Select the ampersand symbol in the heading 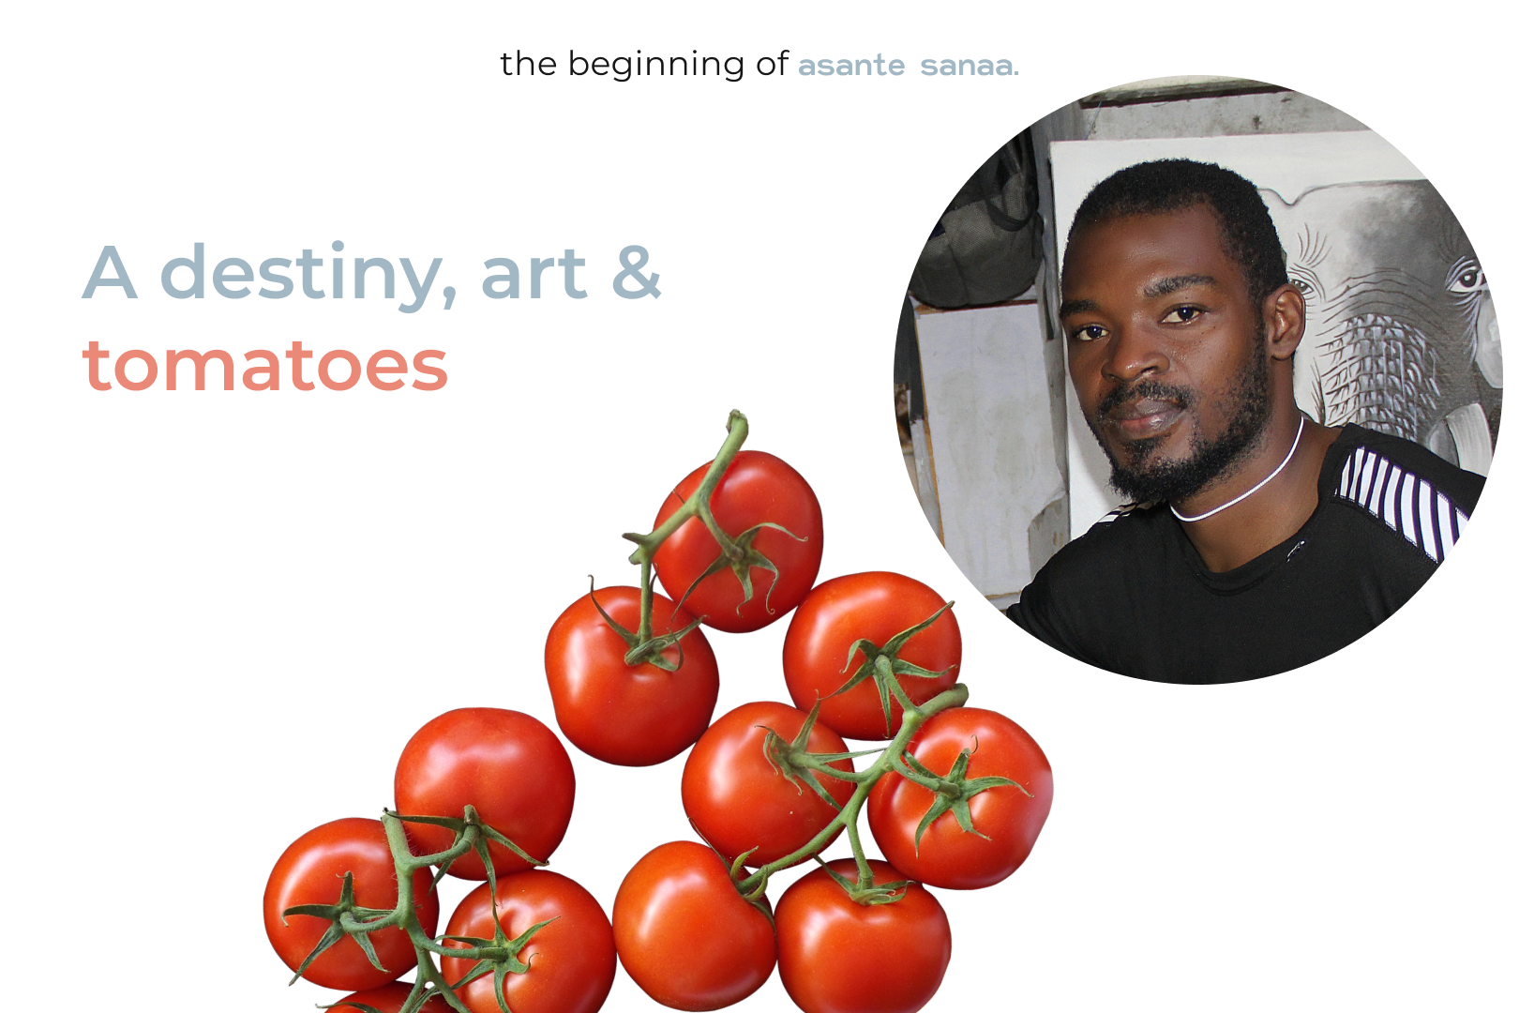(636, 272)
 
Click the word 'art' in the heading (534, 276)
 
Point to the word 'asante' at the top (851, 67)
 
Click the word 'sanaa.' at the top (970, 67)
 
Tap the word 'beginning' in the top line (656, 65)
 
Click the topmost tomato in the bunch (739, 541)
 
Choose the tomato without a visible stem (693, 926)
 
